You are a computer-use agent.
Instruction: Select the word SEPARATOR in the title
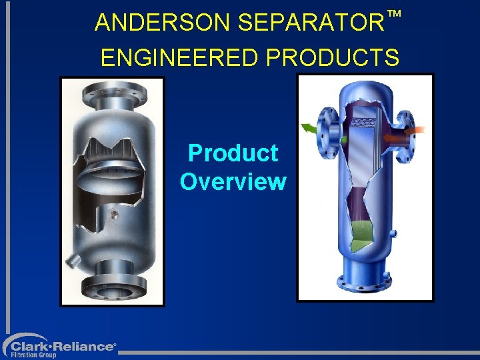click(310, 23)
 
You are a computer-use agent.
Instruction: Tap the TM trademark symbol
click(395, 13)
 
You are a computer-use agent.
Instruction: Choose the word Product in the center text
click(233, 153)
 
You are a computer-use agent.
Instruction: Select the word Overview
click(233, 181)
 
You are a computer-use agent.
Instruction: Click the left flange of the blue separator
click(328, 132)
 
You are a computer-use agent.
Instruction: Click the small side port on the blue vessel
click(393, 233)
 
